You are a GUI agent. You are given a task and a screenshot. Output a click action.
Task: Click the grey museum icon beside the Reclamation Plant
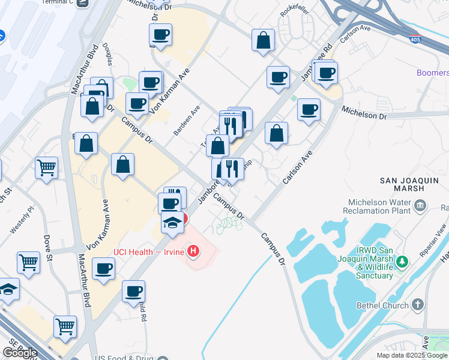(x=420, y=206)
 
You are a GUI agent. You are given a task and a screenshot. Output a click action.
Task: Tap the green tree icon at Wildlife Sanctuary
(x=403, y=262)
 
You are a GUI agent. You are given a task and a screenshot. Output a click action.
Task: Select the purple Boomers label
(x=433, y=73)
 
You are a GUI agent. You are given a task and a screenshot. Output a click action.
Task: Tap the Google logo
(x=20, y=353)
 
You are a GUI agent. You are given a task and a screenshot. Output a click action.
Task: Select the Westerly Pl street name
(x=22, y=221)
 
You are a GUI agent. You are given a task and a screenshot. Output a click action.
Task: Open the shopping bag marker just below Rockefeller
(x=264, y=41)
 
